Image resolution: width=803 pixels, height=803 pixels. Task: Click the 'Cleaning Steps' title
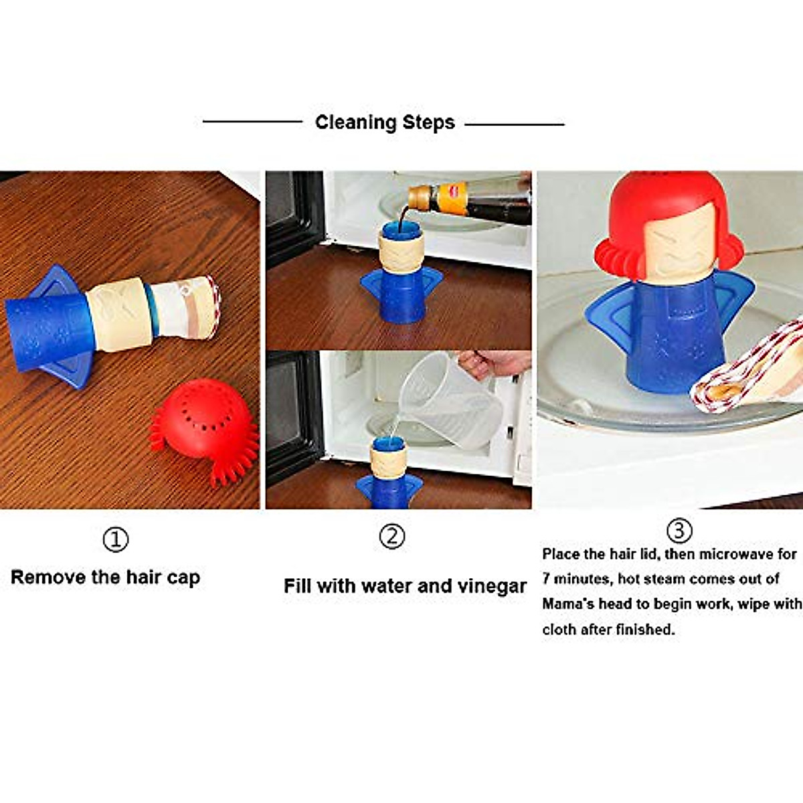coord(385,122)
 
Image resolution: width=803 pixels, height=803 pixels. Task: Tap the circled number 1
coord(115,539)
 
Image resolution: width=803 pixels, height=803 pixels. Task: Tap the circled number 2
coord(392,536)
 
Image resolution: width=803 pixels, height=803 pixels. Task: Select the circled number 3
coord(679,531)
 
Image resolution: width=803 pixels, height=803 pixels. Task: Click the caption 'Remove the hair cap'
coord(105,577)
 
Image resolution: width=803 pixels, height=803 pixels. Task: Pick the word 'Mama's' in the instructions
coord(567,604)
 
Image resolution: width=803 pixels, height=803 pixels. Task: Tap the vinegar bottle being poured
coord(468,197)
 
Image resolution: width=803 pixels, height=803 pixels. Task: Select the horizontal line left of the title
coord(252,122)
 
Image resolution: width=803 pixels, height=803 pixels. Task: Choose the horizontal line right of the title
coord(514,124)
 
